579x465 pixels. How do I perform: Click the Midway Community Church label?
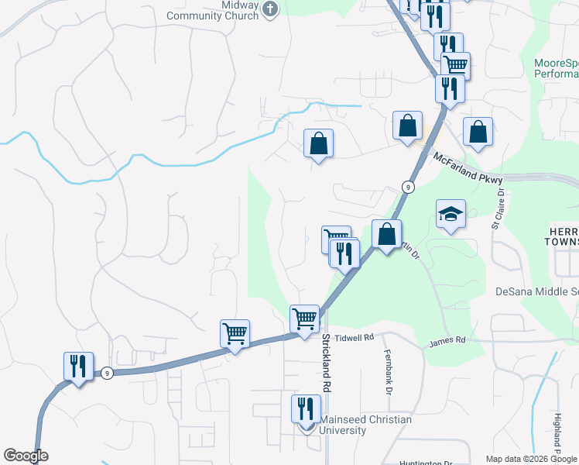click(220, 10)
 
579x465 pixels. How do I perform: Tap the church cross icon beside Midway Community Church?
click(269, 9)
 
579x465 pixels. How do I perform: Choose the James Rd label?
click(447, 340)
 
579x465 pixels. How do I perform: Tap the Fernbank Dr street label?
click(385, 371)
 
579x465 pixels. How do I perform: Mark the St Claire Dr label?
click(498, 209)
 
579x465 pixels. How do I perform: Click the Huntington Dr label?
click(425, 463)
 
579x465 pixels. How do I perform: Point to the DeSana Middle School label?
click(537, 292)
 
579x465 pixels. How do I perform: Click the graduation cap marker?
click(450, 214)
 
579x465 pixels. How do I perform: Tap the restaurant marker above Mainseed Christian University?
click(306, 408)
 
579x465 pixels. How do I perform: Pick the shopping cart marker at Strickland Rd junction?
click(304, 319)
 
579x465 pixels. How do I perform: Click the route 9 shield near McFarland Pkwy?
click(406, 187)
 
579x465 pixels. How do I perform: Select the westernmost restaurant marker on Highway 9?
click(78, 366)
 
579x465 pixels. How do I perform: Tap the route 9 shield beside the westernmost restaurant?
click(107, 373)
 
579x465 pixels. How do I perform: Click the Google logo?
click(26, 456)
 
